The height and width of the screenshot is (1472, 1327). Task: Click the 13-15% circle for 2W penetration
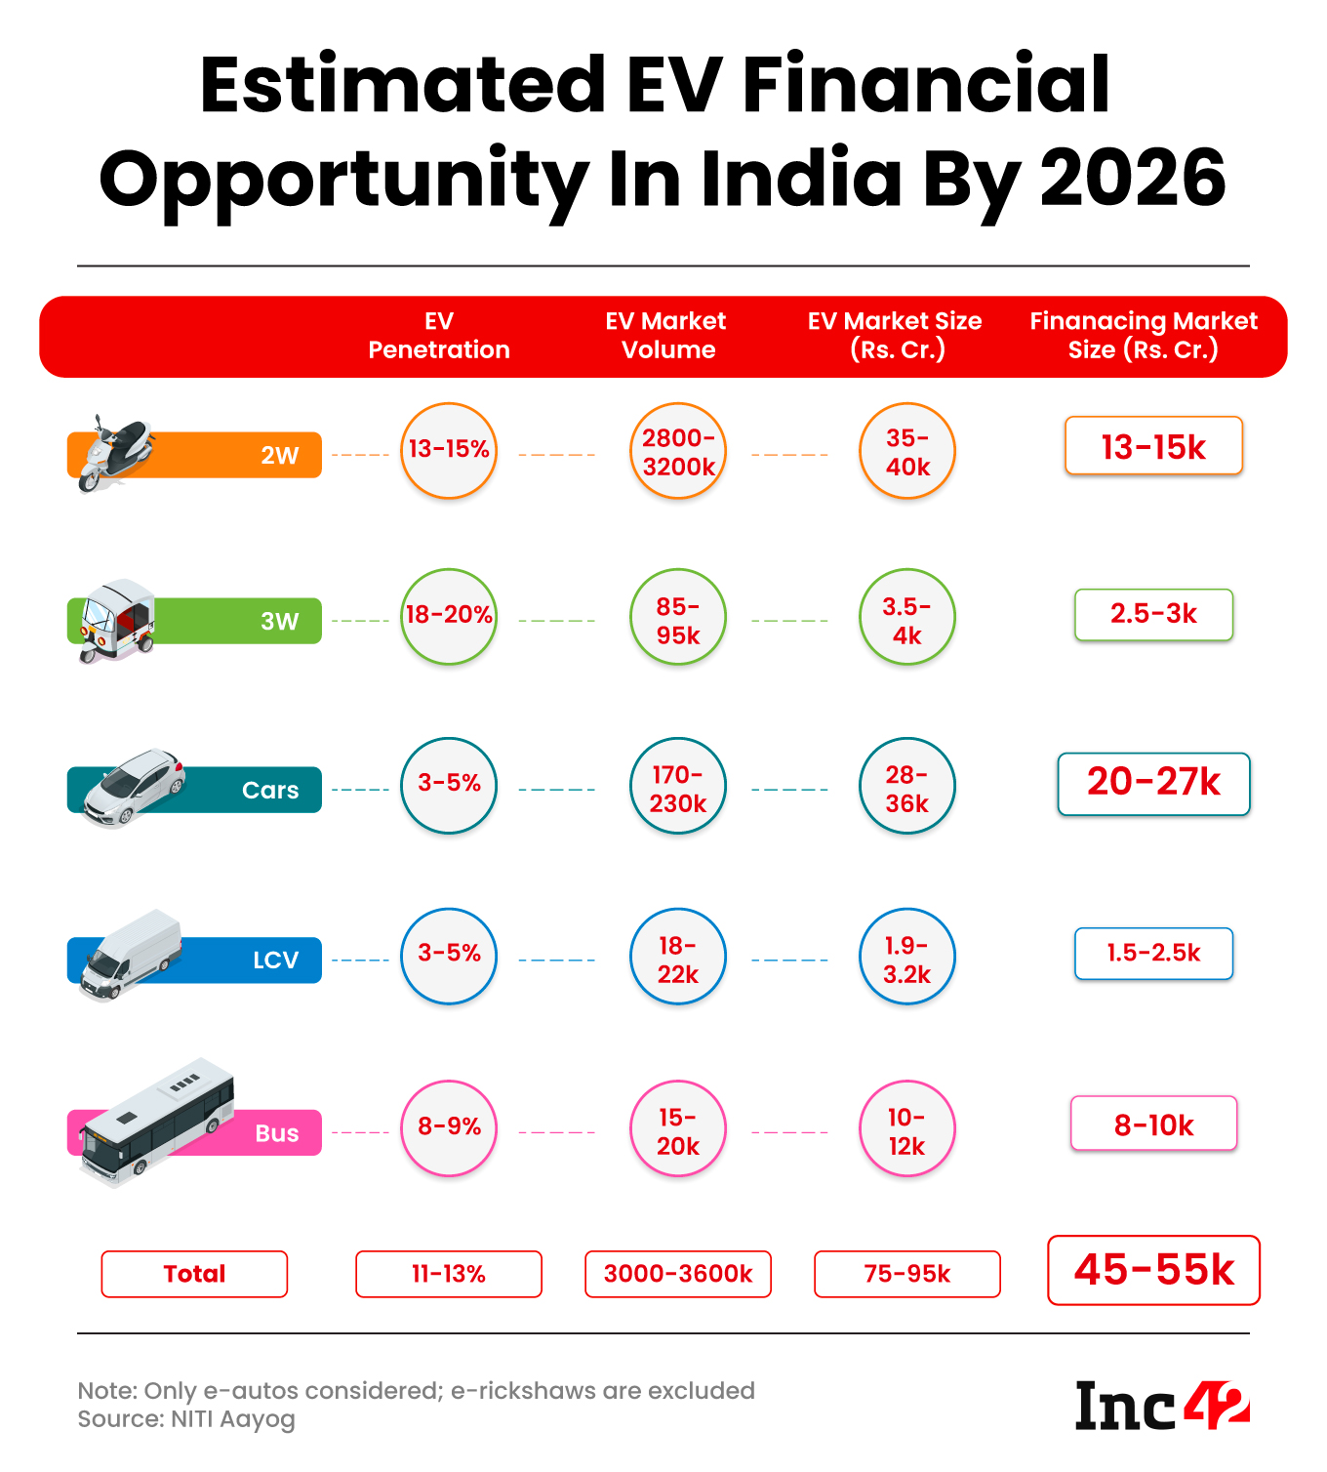point(449,450)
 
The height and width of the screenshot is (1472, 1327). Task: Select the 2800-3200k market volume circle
point(678,452)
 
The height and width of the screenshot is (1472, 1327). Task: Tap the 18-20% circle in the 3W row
point(449,616)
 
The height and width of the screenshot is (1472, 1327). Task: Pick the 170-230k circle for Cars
point(678,787)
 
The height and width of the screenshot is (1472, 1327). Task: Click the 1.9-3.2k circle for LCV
point(906,958)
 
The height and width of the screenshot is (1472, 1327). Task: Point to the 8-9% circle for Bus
point(449,1127)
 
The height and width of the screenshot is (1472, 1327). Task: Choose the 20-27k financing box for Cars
point(1153,783)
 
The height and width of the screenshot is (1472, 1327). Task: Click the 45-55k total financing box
point(1153,1270)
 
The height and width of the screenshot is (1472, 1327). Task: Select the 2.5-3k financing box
point(1153,614)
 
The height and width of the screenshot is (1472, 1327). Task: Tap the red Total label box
point(194,1274)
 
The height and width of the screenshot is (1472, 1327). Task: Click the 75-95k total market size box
point(906,1274)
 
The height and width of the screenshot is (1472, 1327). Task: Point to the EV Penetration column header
point(439,336)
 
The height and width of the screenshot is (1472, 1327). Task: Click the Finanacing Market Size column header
point(1144,336)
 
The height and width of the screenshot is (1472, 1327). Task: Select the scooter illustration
point(114,453)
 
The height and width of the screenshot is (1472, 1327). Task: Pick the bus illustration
point(156,1122)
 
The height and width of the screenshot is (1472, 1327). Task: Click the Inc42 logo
point(1161,1406)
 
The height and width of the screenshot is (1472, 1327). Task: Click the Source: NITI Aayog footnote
point(186,1419)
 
